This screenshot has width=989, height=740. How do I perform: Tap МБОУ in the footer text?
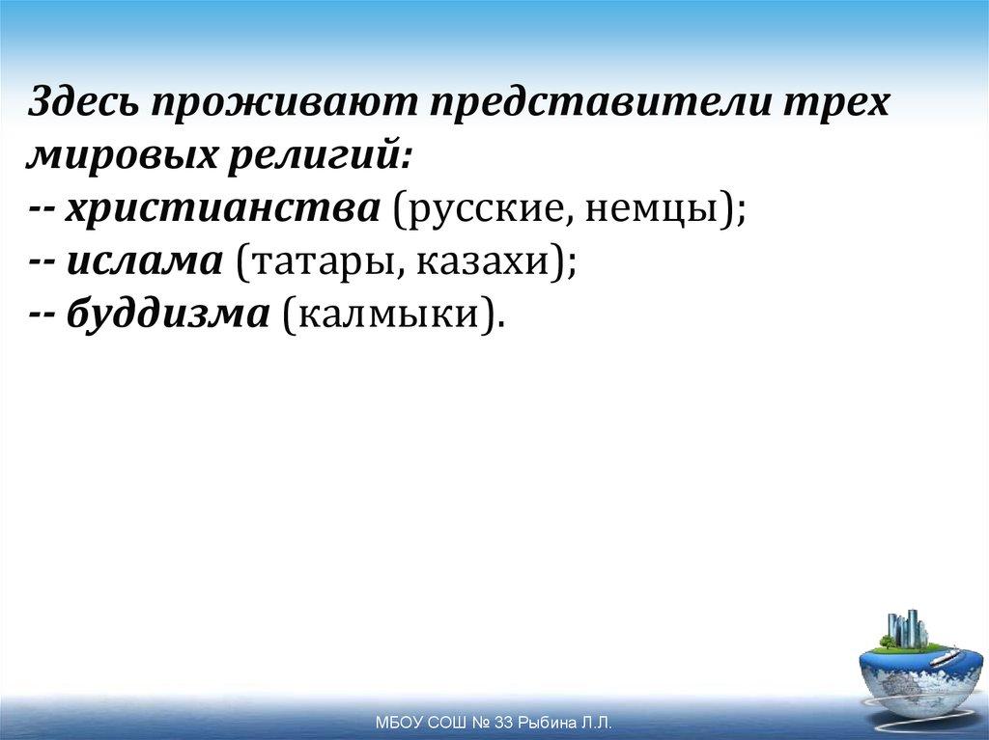395,723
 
